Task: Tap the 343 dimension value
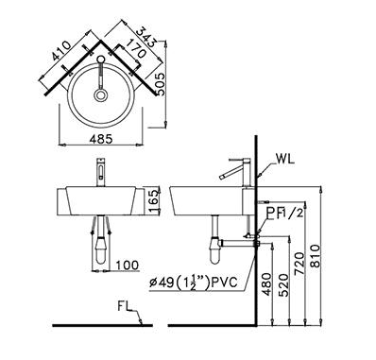pyautogui.click(x=147, y=37)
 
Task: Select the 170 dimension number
pyautogui.click(x=136, y=48)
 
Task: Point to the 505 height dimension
pyautogui.click(x=161, y=84)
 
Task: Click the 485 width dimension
pyautogui.click(x=101, y=139)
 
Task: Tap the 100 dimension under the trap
pyautogui.click(x=127, y=266)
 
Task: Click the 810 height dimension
pyautogui.click(x=315, y=256)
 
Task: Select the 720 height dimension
pyautogui.click(x=299, y=263)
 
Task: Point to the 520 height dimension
pyautogui.click(x=283, y=284)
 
